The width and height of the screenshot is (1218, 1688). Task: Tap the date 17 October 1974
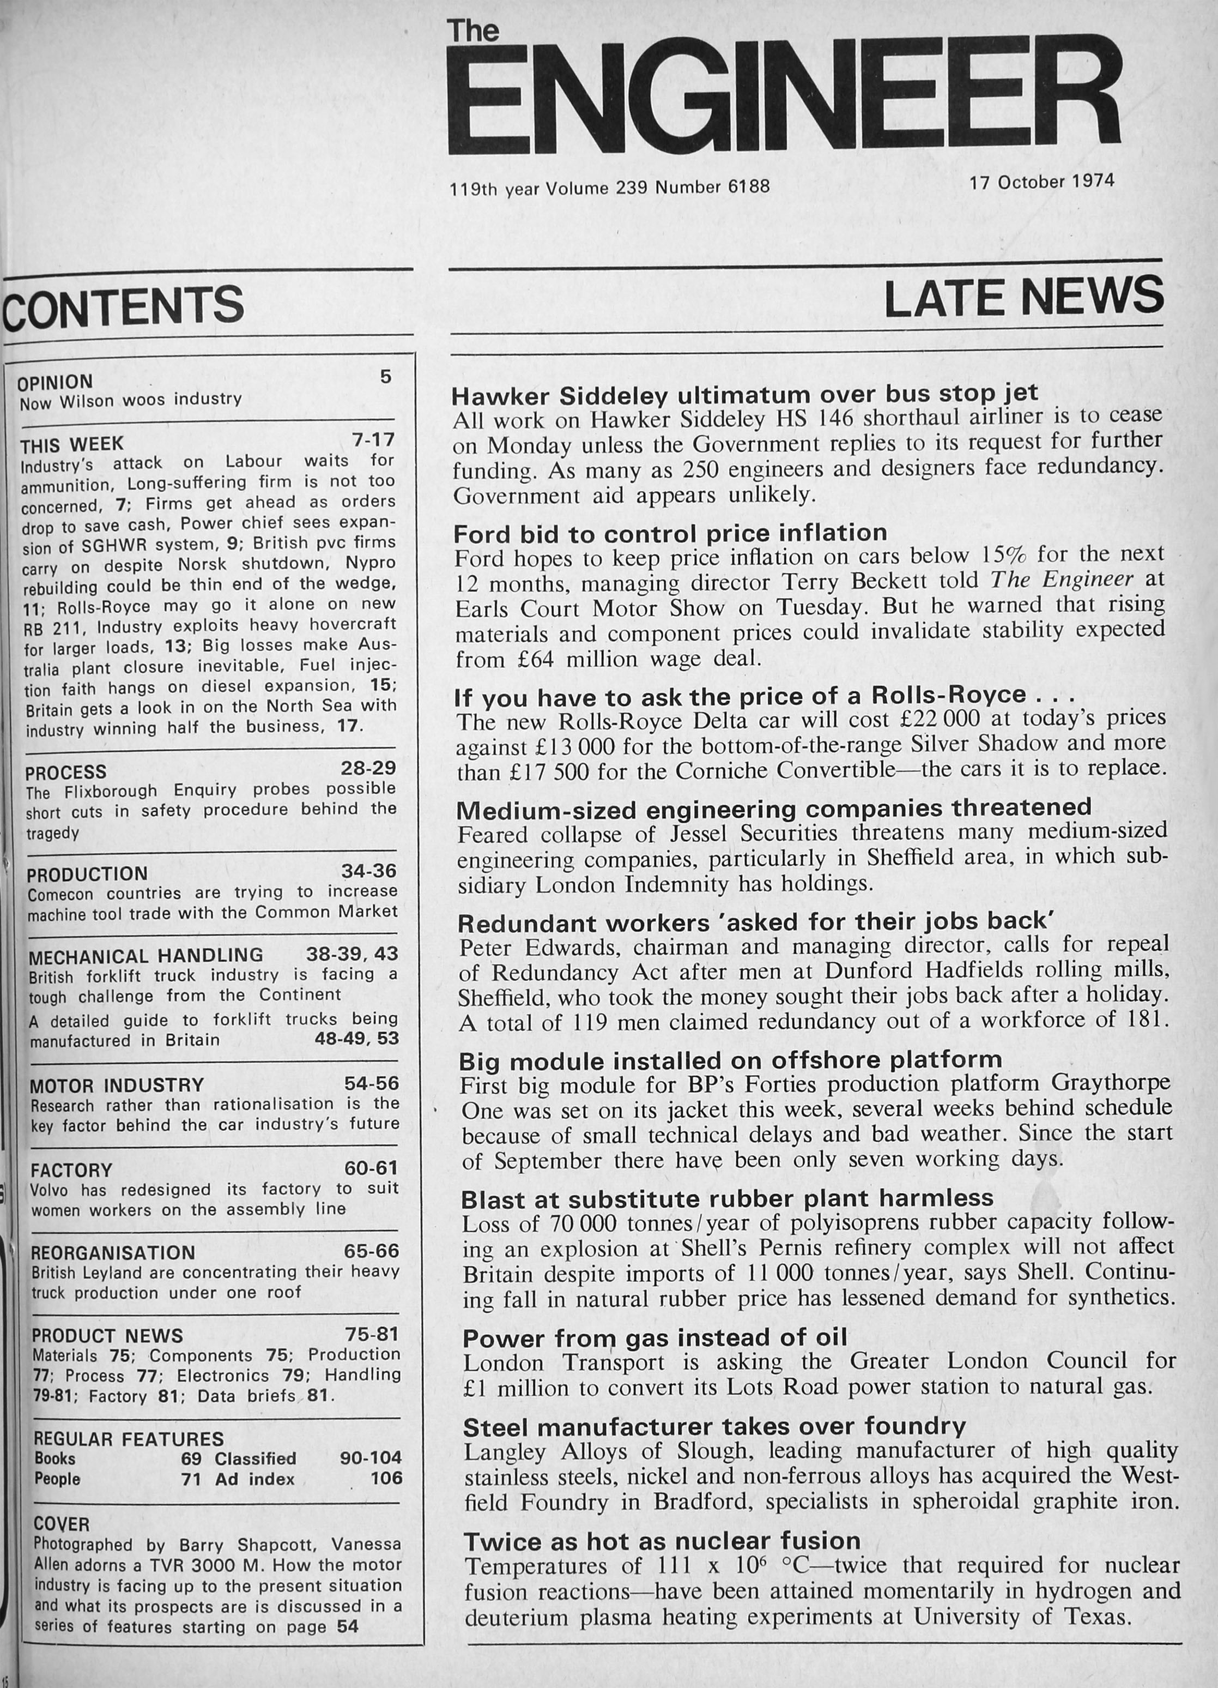1041,181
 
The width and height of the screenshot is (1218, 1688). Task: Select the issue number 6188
748,186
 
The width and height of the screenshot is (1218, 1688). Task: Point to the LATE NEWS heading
1023,296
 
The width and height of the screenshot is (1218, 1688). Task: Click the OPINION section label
55,383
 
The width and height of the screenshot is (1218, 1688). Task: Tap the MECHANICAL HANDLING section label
146,956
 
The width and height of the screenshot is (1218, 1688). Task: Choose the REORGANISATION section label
113,1253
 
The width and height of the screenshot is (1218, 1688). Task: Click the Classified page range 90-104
371,1458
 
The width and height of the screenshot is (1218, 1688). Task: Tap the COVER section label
62,1524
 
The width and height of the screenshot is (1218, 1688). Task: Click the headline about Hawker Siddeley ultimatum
746,393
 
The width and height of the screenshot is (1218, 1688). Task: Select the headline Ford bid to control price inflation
670,533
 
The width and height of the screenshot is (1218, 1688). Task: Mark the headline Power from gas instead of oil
655,1337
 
